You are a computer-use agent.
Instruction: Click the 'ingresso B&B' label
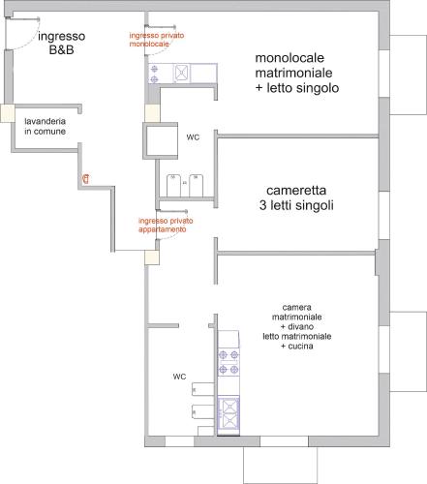coord(62,43)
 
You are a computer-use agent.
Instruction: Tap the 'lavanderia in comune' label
coord(46,126)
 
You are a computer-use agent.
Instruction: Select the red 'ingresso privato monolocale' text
coord(157,40)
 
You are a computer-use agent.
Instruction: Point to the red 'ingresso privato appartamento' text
coord(166,225)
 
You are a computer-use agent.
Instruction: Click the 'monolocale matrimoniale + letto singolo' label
coord(297,73)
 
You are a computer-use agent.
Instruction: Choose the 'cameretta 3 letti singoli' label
coord(296,197)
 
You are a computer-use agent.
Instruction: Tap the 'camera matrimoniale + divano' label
coord(297,317)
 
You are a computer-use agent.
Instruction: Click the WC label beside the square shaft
coord(193,137)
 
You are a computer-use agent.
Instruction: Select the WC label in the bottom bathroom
coord(179,377)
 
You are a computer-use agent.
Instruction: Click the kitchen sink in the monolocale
coord(182,74)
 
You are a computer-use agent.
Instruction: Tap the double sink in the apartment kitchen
coord(229,415)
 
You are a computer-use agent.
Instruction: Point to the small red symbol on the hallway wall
coord(86,178)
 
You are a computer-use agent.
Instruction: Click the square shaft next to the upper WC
coord(161,140)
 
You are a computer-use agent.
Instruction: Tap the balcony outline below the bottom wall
coord(280,465)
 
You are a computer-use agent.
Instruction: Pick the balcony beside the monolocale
coord(409,75)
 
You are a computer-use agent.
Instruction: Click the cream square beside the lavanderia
coord(8,113)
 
